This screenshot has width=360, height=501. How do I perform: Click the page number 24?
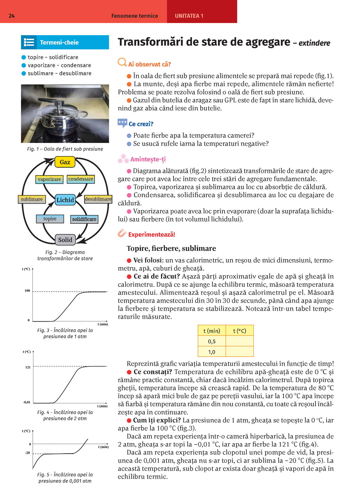[12, 16]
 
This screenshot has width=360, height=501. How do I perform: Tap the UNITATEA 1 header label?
[189, 16]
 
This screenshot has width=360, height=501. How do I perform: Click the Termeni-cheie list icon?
[29, 43]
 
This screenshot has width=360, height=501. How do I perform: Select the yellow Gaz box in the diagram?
[65, 162]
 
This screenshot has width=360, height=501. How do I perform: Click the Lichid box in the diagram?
[65, 200]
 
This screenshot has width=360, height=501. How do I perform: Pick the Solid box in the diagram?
[65, 240]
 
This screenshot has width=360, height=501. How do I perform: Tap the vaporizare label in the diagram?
[49, 179]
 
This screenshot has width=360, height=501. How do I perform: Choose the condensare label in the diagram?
[81, 179]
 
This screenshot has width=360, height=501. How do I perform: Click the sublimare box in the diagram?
[32, 199]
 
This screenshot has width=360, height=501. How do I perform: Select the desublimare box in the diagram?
[98, 199]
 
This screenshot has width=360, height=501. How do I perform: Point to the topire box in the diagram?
[50, 219]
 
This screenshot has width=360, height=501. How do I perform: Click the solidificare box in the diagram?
[84, 219]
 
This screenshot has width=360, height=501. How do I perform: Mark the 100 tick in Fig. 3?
[27, 291]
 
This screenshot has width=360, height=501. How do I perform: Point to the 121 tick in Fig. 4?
[28, 367]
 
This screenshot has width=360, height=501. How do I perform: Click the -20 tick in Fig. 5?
[27, 453]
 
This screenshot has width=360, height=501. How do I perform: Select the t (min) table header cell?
[212, 331]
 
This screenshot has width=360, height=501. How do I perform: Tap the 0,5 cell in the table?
[212, 341]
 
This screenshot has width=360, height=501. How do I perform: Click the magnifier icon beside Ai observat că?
[122, 63]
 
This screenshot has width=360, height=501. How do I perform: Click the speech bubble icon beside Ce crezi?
[122, 123]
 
